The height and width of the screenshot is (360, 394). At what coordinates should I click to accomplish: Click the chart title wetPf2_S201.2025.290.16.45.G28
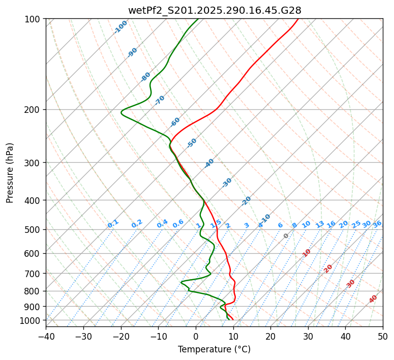(x=215, y=10)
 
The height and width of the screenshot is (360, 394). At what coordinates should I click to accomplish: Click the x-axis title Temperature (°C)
(x=214, y=350)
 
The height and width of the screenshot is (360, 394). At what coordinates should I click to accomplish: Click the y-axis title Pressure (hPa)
(x=10, y=173)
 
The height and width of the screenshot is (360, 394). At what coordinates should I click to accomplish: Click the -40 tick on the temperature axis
(x=46, y=337)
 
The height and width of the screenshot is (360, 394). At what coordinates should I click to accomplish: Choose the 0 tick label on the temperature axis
(x=196, y=337)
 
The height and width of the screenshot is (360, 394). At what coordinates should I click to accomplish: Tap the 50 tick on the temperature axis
(x=383, y=337)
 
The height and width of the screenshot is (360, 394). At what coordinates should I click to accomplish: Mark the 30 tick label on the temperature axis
(x=308, y=337)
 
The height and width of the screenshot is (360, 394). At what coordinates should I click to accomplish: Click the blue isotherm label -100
(x=121, y=27)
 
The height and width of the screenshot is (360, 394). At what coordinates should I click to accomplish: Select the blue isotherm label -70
(x=160, y=100)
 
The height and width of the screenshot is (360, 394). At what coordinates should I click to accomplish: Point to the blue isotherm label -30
(x=227, y=182)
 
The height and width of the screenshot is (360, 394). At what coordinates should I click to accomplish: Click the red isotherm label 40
(x=373, y=299)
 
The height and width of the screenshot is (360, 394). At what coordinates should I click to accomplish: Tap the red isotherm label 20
(x=328, y=268)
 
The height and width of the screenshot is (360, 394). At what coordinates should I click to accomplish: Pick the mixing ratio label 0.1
(x=113, y=224)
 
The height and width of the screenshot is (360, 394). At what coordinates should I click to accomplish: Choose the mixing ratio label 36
(x=377, y=224)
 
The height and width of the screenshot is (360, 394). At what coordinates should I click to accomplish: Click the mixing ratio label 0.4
(x=162, y=224)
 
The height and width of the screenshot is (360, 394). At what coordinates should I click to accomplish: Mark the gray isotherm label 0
(x=286, y=236)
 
